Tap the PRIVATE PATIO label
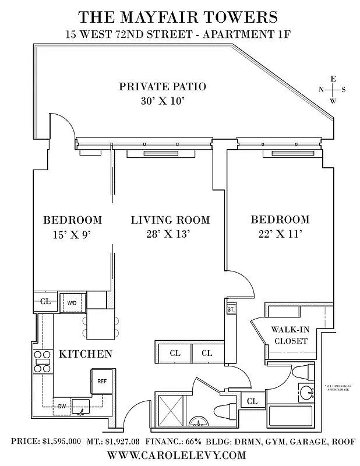pos(163,87)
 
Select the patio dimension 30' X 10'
pos(163,101)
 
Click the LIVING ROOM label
pos(170,220)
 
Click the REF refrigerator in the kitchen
pos(102,381)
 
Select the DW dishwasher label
pos(61,406)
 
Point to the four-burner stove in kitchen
pos(43,361)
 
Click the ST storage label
pos(231,309)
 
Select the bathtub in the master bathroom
pos(291,417)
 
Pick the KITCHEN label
pos(86,354)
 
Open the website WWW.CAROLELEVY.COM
pos(179,455)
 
